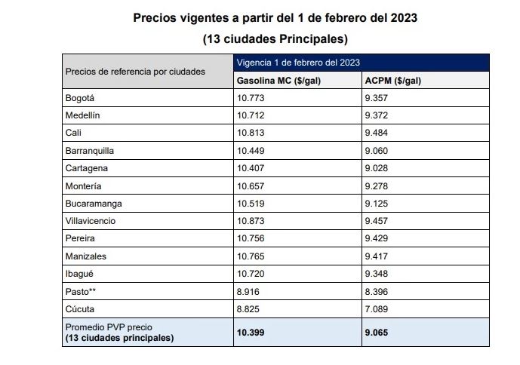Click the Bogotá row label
click(x=80, y=98)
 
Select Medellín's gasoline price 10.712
click(x=251, y=115)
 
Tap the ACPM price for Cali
click(x=377, y=133)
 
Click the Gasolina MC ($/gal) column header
click(x=278, y=81)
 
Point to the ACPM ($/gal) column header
click(x=393, y=81)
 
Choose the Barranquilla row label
click(x=90, y=151)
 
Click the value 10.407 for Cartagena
click(x=251, y=168)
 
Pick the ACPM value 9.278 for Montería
click(x=377, y=186)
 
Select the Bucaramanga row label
click(x=94, y=204)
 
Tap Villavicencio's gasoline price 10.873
click(x=251, y=221)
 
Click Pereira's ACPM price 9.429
click(x=377, y=238)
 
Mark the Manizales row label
click(x=86, y=256)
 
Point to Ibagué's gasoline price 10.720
click(x=251, y=274)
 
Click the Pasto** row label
click(x=81, y=292)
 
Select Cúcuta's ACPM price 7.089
click(x=377, y=309)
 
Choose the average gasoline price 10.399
click(x=251, y=333)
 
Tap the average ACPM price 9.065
click(x=377, y=333)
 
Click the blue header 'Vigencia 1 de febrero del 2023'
click(x=298, y=63)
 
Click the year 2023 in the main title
click(x=404, y=18)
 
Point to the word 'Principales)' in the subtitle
click(x=313, y=39)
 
